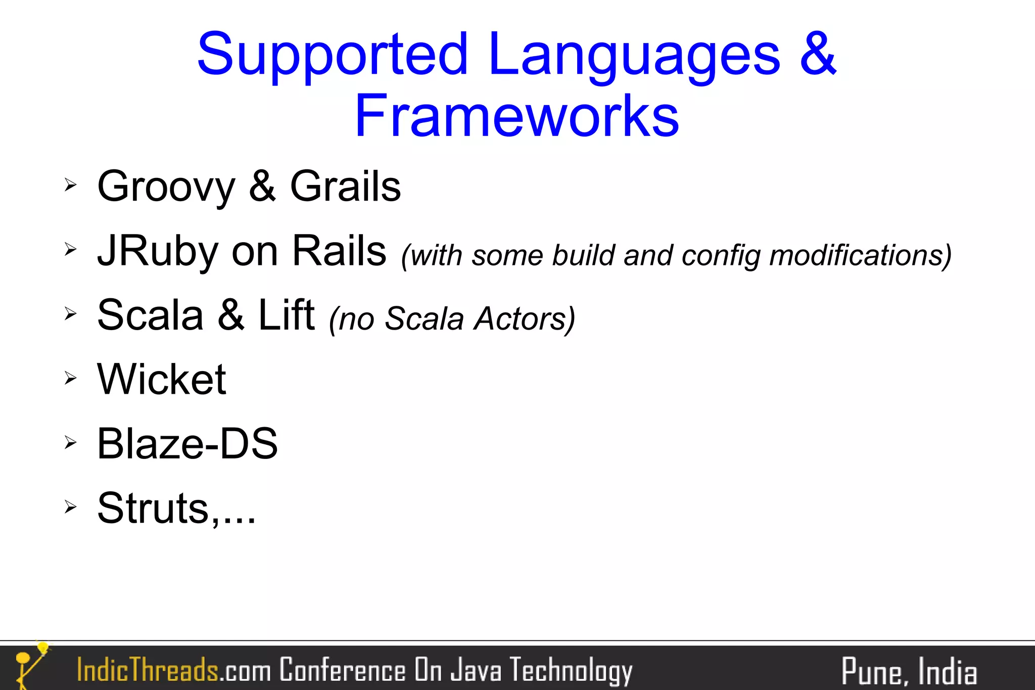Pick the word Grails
pos(345,186)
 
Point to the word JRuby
pos(158,251)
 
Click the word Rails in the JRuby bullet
pos(339,251)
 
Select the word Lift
pos(286,315)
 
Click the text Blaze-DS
pos(187,443)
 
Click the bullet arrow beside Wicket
pos(70,378)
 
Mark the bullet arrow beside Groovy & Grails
pos(70,185)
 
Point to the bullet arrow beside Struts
pos(70,506)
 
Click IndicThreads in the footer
pos(147,670)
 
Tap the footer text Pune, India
pos(908,672)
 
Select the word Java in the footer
pos(476,670)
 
